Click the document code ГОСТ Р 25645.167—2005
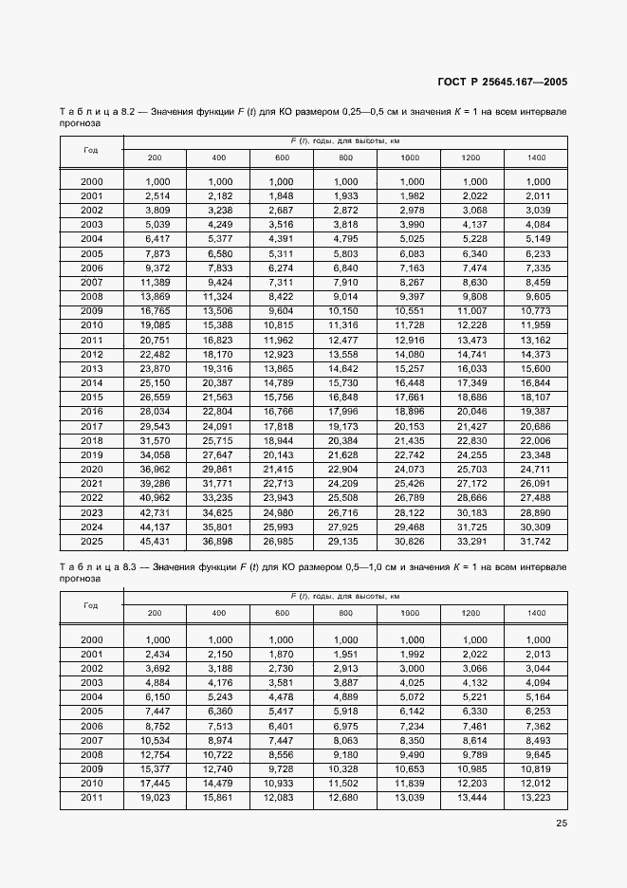tap(501, 82)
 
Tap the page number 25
tap(561, 823)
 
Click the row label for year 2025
tap(91, 543)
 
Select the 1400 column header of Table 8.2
tap(536, 157)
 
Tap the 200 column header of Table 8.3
tap(155, 613)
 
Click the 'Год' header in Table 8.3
tap(91, 605)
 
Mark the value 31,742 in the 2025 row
tap(536, 543)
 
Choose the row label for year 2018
tap(91, 441)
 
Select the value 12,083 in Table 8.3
tap(282, 800)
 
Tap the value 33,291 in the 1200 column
tap(472, 543)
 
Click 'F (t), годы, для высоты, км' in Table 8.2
tap(345, 141)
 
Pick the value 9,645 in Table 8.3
tap(538, 755)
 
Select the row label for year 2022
tap(91, 499)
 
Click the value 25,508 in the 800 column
tap(345, 499)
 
